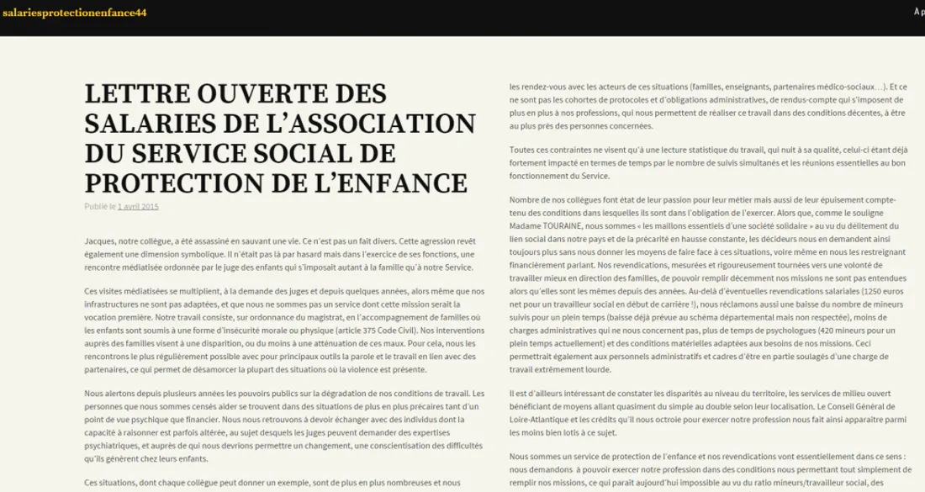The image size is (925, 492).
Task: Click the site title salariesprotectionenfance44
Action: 75,12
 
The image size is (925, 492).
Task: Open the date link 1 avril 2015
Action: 138,206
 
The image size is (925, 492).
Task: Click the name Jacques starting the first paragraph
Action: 101,241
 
